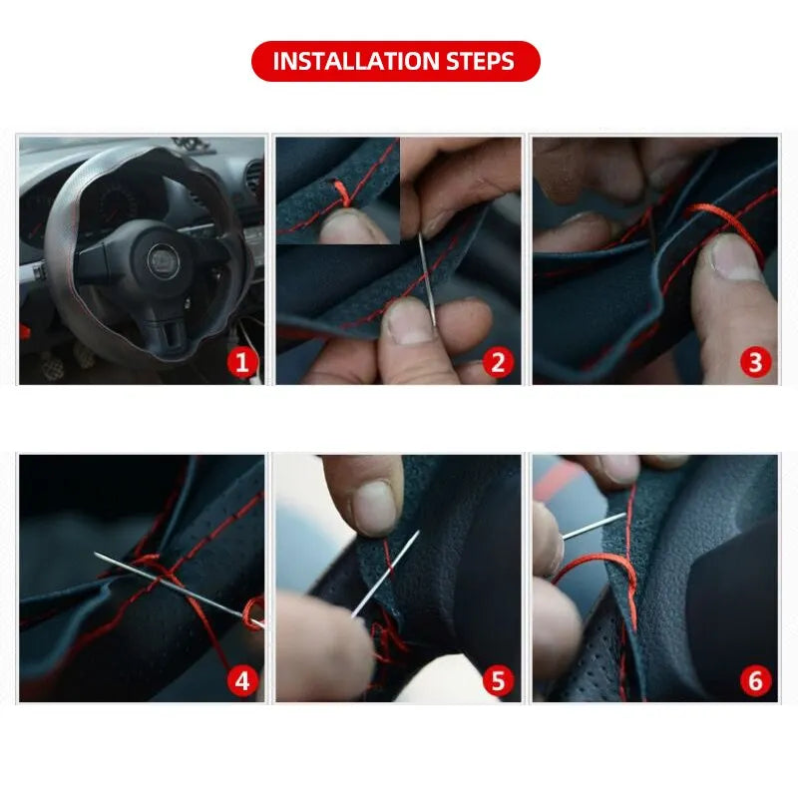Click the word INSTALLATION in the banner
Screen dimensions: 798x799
tap(356, 61)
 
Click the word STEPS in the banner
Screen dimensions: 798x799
tap(480, 61)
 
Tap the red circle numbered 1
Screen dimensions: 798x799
tap(242, 362)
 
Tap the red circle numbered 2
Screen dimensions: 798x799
tap(498, 362)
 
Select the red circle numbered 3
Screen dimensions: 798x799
tap(755, 362)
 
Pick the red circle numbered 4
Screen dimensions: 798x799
tap(242, 680)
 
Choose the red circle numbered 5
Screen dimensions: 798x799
tap(498, 680)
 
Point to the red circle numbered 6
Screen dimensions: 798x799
tap(755, 680)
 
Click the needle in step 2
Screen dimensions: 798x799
tap(427, 279)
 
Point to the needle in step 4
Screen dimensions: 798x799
tap(180, 590)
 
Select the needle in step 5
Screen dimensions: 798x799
tap(386, 574)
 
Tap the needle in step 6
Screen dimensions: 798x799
tap(594, 526)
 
